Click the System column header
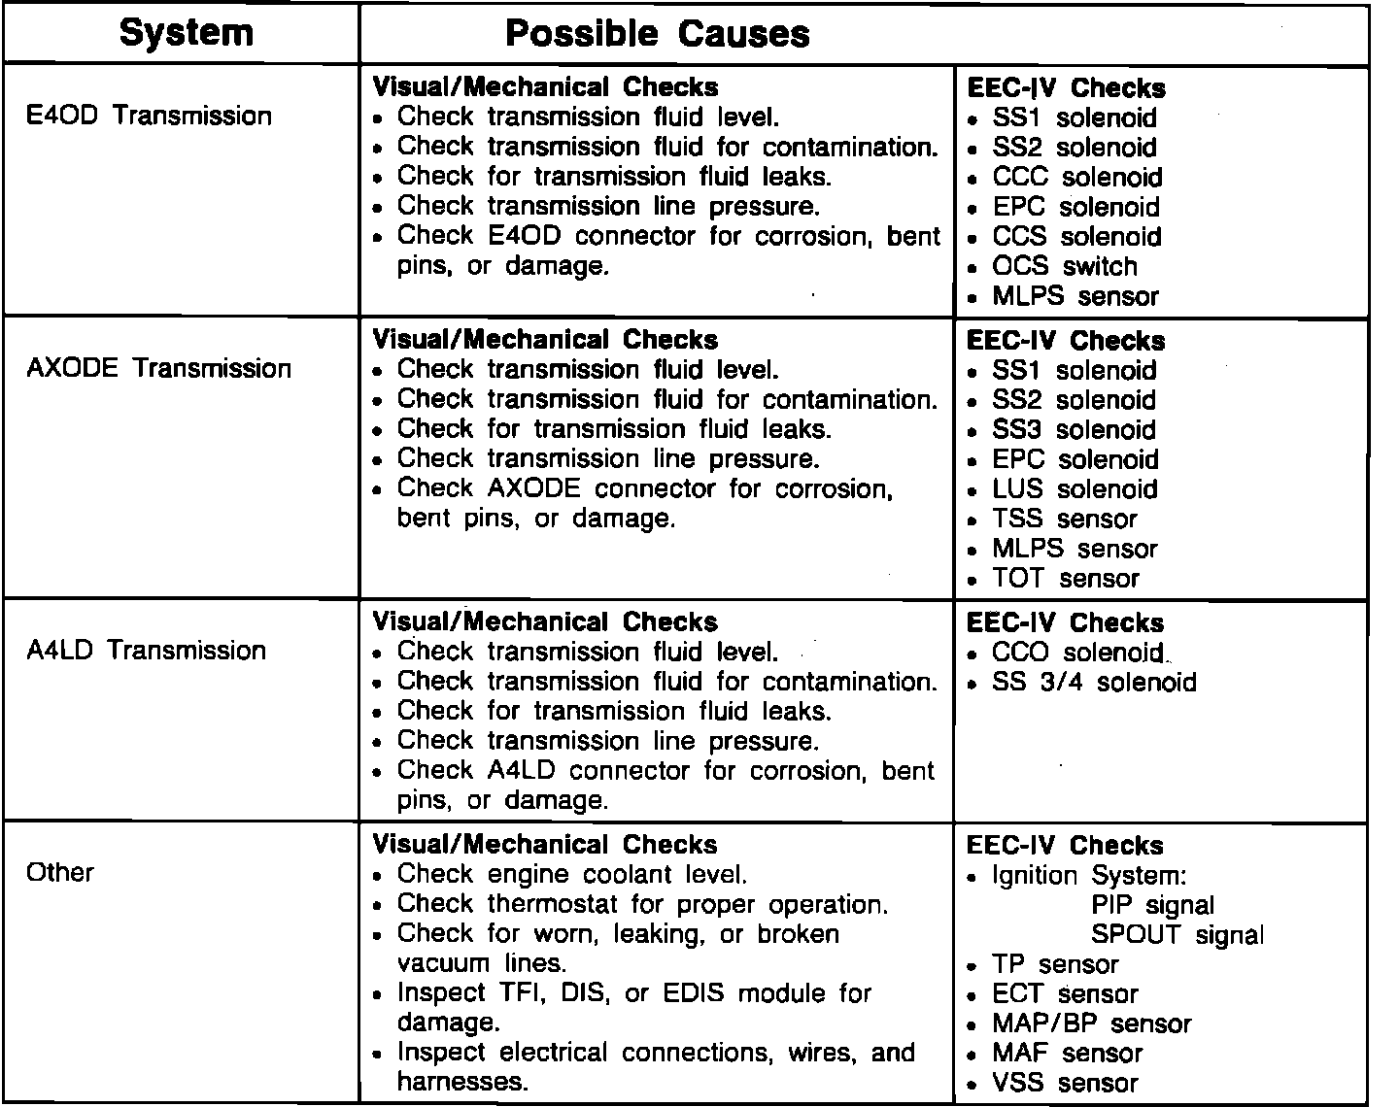186,33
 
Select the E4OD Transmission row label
150,116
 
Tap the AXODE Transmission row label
159,368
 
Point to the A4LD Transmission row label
147,650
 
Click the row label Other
60,872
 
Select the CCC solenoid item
1076,178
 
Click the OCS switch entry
1064,266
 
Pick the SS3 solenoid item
1074,430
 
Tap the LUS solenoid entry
1075,489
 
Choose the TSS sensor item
1064,520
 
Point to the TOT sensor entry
1065,579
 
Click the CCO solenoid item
1077,653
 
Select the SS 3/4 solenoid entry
1094,683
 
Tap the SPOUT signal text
1177,935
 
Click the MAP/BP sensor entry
1091,1024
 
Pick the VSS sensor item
1064,1084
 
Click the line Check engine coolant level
572,874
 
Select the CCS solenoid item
1076,237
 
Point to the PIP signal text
1152,906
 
